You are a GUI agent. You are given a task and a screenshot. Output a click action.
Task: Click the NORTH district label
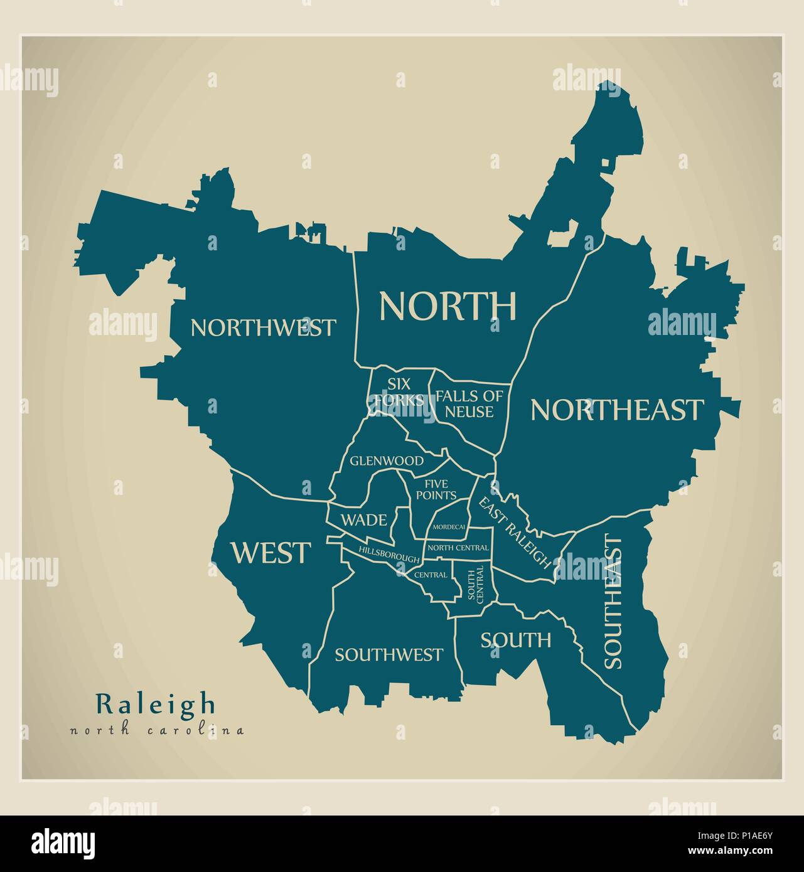(448, 306)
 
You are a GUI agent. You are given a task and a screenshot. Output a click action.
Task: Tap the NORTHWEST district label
(263, 327)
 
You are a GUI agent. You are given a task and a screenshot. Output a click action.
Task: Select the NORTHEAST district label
(616, 410)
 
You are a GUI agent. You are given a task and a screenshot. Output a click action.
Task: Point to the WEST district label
(271, 553)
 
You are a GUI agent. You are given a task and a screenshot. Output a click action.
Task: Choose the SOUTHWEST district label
(389, 655)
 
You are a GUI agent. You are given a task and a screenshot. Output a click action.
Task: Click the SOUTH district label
(516, 640)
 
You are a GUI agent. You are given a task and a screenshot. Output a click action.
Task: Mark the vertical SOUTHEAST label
(613, 601)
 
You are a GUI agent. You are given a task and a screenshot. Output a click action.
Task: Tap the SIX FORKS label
(398, 391)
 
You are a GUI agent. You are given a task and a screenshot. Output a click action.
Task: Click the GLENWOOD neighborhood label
(387, 460)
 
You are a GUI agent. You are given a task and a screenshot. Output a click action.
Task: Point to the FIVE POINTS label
(441, 489)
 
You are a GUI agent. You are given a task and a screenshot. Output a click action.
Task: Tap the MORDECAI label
(448, 527)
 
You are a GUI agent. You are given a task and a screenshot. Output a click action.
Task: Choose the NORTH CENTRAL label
(458, 548)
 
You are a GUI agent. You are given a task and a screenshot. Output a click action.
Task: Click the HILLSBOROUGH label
(389, 554)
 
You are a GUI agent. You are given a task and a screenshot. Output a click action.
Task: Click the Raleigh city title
(155, 703)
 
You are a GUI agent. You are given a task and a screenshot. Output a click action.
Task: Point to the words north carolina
(157, 730)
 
